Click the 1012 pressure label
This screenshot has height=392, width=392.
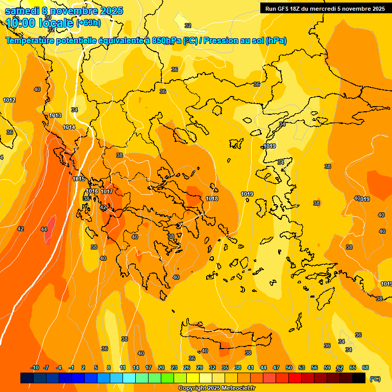click(x=9, y=100)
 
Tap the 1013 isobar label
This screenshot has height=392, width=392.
click(x=55, y=116)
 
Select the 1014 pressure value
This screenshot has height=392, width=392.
click(x=69, y=127)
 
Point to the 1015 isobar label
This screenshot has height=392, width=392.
click(x=79, y=179)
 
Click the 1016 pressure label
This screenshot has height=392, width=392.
click(x=92, y=191)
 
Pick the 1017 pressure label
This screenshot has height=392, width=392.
click(x=107, y=191)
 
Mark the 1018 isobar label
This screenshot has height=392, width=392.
click(x=212, y=199)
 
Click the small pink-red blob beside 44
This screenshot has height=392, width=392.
click(x=51, y=224)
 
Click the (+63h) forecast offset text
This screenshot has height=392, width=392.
click(x=89, y=22)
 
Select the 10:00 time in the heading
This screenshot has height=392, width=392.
click(x=21, y=23)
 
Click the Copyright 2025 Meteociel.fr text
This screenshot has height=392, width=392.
click(x=216, y=388)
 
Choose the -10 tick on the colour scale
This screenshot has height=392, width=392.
click(x=35, y=367)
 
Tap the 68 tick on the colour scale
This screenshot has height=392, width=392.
click(x=365, y=367)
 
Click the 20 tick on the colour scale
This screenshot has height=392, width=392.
click(x=161, y=367)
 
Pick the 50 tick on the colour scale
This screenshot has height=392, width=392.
click(x=289, y=367)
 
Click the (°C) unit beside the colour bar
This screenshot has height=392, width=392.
click(x=375, y=379)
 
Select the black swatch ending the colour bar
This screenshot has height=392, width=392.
click(x=359, y=378)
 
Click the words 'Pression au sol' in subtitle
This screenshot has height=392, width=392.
click(x=234, y=41)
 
